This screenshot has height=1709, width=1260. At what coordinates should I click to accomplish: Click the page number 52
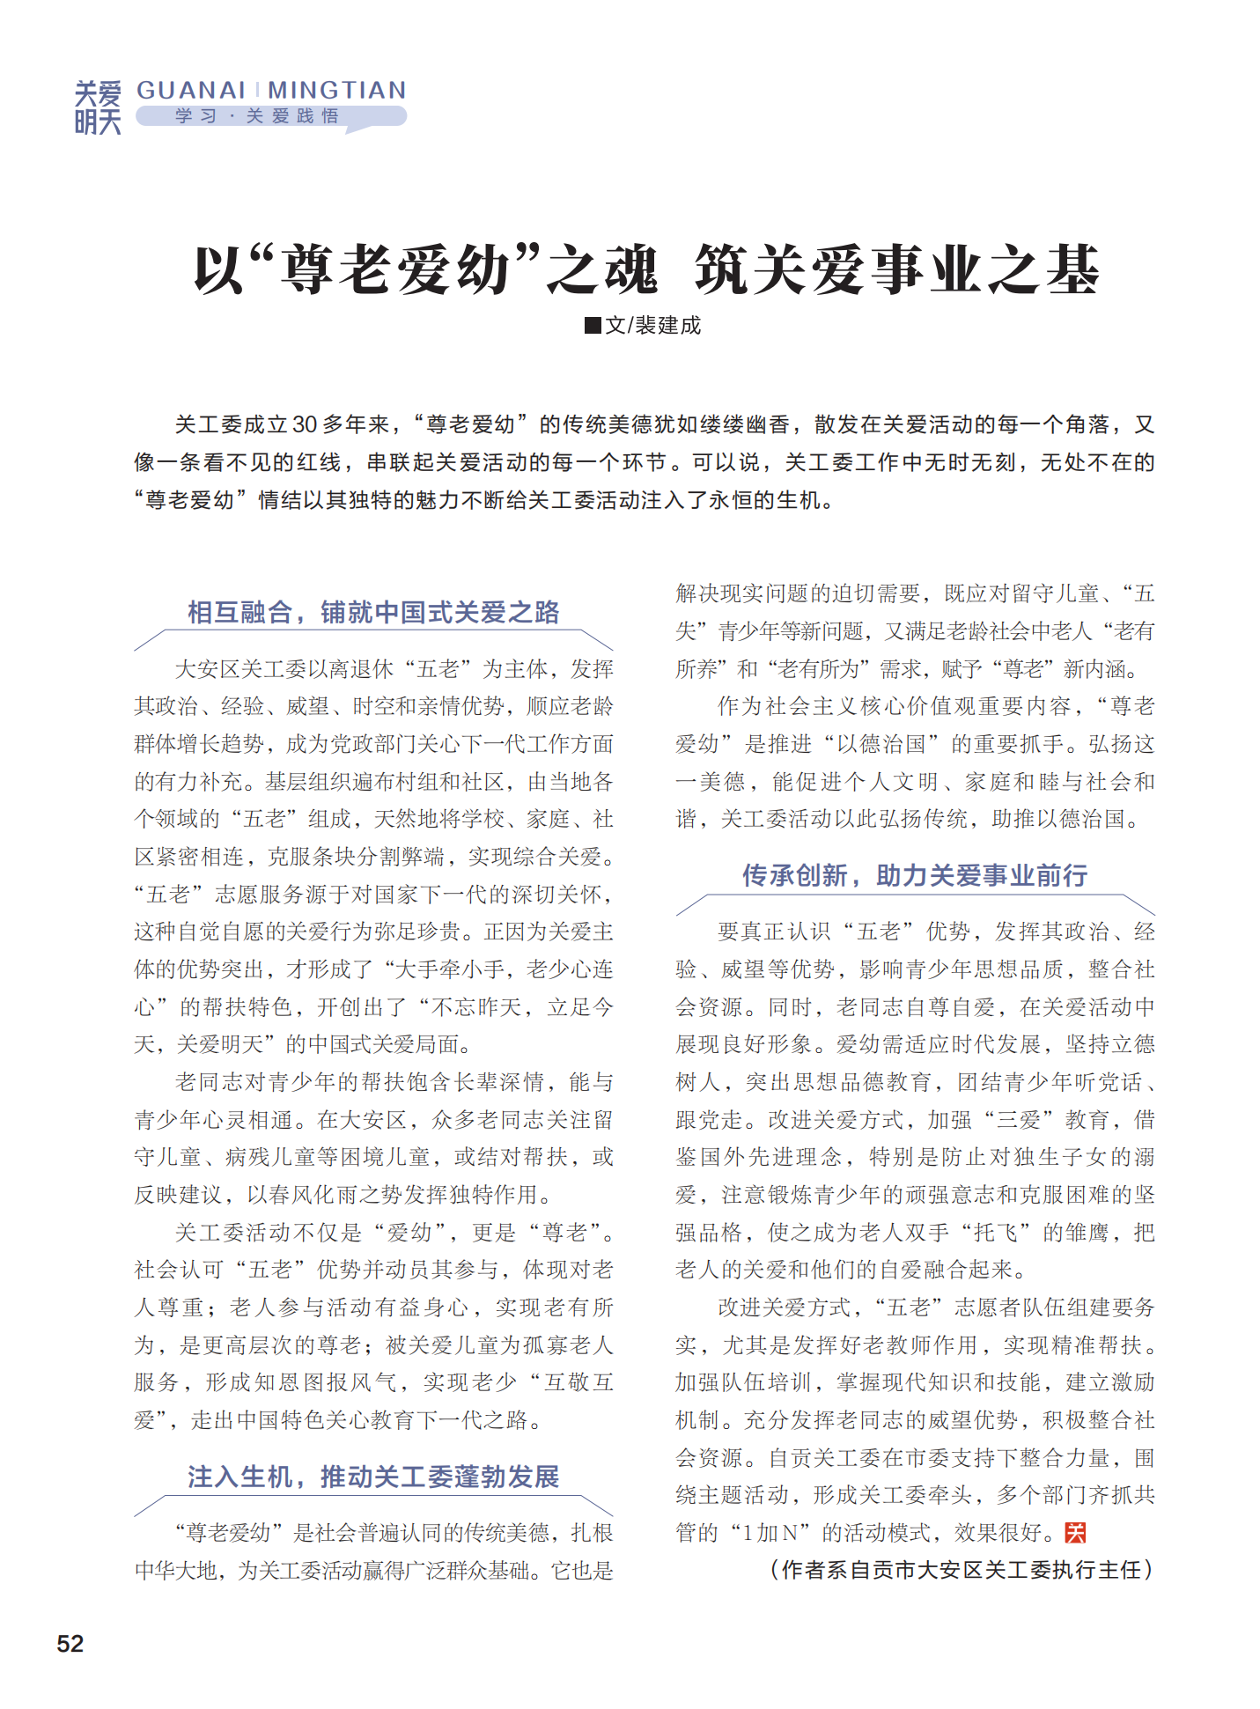[x=70, y=1643]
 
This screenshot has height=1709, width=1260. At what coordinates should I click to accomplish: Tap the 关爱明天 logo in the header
[x=98, y=107]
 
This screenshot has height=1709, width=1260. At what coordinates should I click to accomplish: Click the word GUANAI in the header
[x=191, y=90]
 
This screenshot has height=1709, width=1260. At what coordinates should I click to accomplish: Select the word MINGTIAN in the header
[x=337, y=90]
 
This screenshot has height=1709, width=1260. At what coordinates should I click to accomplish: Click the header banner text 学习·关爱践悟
[x=257, y=116]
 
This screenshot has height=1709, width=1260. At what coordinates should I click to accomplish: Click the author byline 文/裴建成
[x=652, y=326]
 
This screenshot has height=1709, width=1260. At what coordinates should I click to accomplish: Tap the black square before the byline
[x=593, y=326]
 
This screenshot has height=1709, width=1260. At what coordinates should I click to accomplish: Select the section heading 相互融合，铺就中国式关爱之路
[x=373, y=612]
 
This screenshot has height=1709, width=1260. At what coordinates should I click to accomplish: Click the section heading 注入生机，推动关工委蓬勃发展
[x=373, y=1477]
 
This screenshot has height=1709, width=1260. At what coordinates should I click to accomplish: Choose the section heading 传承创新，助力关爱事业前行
[x=914, y=875]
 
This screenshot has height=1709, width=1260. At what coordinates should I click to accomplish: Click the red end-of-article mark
[x=1075, y=1533]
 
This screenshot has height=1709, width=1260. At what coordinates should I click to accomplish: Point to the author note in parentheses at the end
[x=962, y=1570]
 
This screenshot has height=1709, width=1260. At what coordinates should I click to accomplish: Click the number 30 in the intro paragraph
[x=305, y=425]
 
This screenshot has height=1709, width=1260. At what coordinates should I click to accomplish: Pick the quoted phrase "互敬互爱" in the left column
[x=578, y=1382]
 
